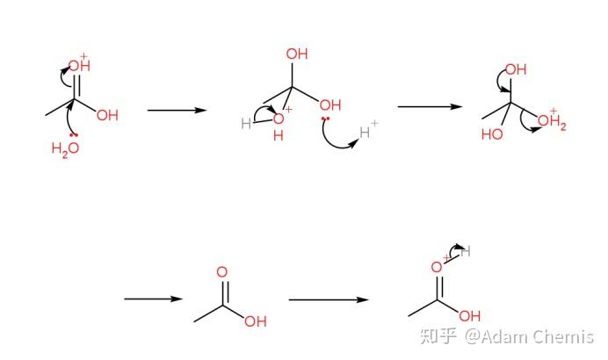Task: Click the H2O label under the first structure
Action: click(65, 148)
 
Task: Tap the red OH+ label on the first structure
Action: click(78, 65)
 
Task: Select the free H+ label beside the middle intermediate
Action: click(369, 133)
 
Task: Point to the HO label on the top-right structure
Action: click(491, 135)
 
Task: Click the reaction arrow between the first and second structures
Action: click(176, 111)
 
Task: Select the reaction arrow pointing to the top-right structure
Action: click(430, 107)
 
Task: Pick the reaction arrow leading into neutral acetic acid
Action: click(152, 299)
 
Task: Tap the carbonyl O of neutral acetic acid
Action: click(221, 273)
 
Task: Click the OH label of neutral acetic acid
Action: click(256, 321)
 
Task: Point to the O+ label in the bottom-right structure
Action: click(436, 267)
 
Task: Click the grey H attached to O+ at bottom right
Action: click(466, 252)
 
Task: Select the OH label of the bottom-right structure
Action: click(470, 315)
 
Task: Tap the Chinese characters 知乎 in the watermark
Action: click(438, 336)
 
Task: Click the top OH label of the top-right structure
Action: click(516, 69)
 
